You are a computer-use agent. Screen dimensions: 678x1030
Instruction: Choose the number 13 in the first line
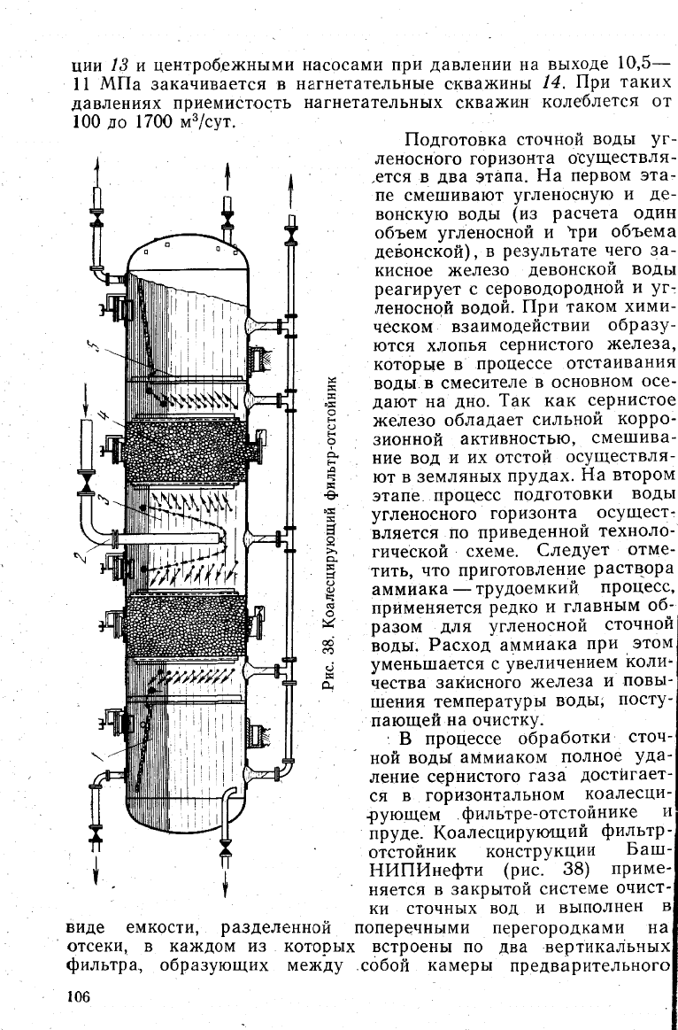[x=118, y=65]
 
